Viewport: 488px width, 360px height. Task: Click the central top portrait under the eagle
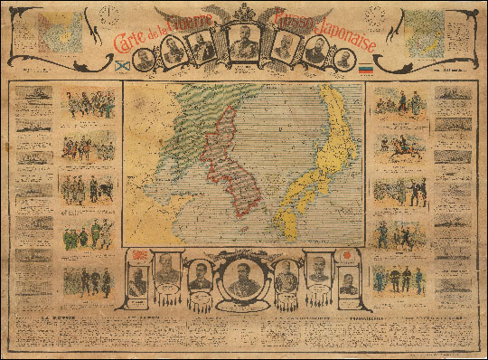click(244, 41)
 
